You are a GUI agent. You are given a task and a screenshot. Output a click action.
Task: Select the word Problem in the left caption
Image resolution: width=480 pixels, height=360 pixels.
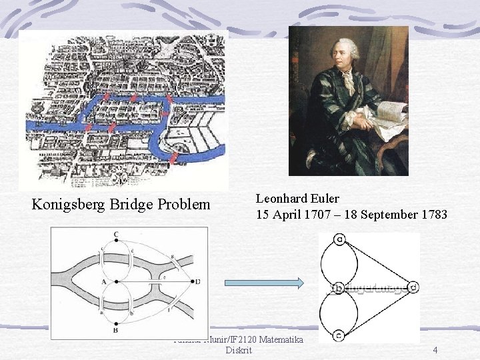click(x=183, y=205)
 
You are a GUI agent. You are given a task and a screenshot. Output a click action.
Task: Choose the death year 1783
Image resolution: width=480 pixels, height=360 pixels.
click(x=433, y=215)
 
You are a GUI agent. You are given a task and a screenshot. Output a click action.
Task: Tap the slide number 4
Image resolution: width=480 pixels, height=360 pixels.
click(x=435, y=350)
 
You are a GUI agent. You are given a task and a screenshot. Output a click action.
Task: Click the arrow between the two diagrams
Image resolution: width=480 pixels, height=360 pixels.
click(x=264, y=283)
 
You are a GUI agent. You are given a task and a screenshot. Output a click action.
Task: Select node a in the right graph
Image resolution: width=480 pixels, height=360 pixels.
click(x=341, y=239)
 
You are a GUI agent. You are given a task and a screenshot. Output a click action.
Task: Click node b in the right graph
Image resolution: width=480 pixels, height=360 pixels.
click(x=341, y=287)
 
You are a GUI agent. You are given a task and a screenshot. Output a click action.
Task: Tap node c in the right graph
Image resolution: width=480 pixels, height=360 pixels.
click(x=341, y=335)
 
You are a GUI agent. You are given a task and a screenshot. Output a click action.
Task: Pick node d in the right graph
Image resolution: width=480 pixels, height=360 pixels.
click(x=413, y=287)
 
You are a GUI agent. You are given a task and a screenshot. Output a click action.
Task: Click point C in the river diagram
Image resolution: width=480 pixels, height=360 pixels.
click(x=116, y=235)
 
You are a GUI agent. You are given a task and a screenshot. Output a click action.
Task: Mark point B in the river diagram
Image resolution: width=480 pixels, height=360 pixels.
click(x=116, y=329)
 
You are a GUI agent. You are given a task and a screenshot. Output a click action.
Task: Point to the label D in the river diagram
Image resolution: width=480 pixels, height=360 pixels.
click(x=197, y=282)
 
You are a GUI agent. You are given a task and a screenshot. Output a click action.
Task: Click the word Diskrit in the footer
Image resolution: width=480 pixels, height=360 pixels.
click(x=239, y=350)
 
